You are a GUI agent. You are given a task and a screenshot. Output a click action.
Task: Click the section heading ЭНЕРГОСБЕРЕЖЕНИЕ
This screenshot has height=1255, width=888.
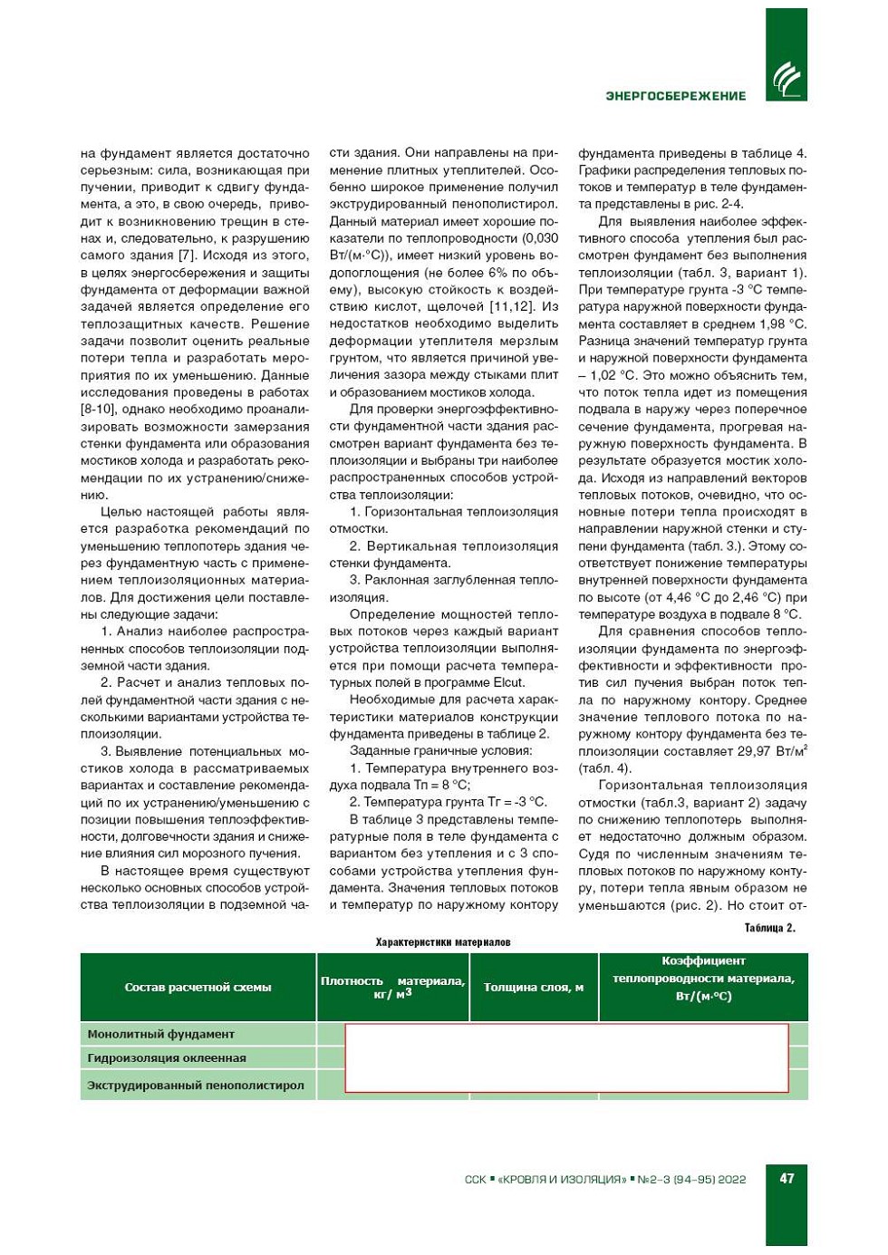pos(675,96)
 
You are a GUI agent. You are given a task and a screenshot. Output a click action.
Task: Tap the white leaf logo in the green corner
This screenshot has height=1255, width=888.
pos(786,80)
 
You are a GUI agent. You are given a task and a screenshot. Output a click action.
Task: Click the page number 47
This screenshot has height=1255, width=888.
pos(787,1178)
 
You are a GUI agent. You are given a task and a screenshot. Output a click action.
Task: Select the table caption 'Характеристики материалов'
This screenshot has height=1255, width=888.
pos(443,942)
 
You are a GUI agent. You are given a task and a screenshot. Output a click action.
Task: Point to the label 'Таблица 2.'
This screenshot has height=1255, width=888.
pos(769,928)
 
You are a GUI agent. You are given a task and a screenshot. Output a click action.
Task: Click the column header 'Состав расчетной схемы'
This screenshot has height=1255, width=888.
pos(198,988)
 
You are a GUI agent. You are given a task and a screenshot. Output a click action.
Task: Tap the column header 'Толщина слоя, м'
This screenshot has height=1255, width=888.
pos(534,988)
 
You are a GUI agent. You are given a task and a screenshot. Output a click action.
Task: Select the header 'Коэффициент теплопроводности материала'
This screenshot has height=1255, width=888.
pos(703,979)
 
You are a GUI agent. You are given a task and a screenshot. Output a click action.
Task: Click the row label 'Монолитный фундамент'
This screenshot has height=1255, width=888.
pos(160,1034)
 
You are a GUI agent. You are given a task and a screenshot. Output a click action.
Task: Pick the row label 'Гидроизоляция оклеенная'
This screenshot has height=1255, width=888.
pos(167,1058)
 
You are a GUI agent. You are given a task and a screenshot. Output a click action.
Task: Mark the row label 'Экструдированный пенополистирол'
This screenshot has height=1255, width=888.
pos(196,1086)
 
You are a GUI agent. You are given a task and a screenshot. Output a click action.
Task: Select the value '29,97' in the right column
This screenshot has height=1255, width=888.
pos(751,751)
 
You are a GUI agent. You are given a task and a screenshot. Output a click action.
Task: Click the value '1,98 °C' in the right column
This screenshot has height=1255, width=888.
pos(782,323)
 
